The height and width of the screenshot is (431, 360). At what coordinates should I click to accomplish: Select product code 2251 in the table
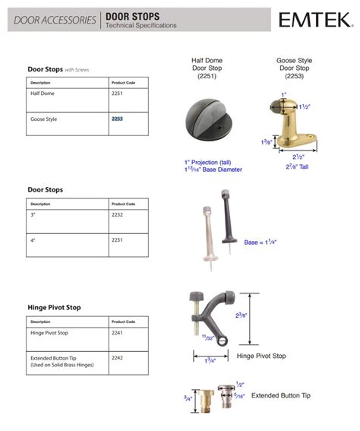pyautogui.click(x=116, y=93)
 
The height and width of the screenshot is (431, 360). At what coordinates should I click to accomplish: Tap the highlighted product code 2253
pyautogui.click(x=117, y=119)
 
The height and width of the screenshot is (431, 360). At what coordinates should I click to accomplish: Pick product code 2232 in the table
pyautogui.click(x=116, y=215)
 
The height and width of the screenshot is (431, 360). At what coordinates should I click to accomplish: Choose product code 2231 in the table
pyautogui.click(x=116, y=240)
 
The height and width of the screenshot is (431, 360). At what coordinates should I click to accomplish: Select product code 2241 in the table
pyautogui.click(x=116, y=332)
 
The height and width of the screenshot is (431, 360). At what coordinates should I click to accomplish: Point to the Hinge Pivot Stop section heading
pyautogui.click(x=54, y=307)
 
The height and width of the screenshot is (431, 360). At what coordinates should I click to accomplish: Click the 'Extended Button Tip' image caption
pyautogui.click(x=280, y=395)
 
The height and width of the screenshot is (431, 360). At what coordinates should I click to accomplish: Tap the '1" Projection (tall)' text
pyautogui.click(x=207, y=162)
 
